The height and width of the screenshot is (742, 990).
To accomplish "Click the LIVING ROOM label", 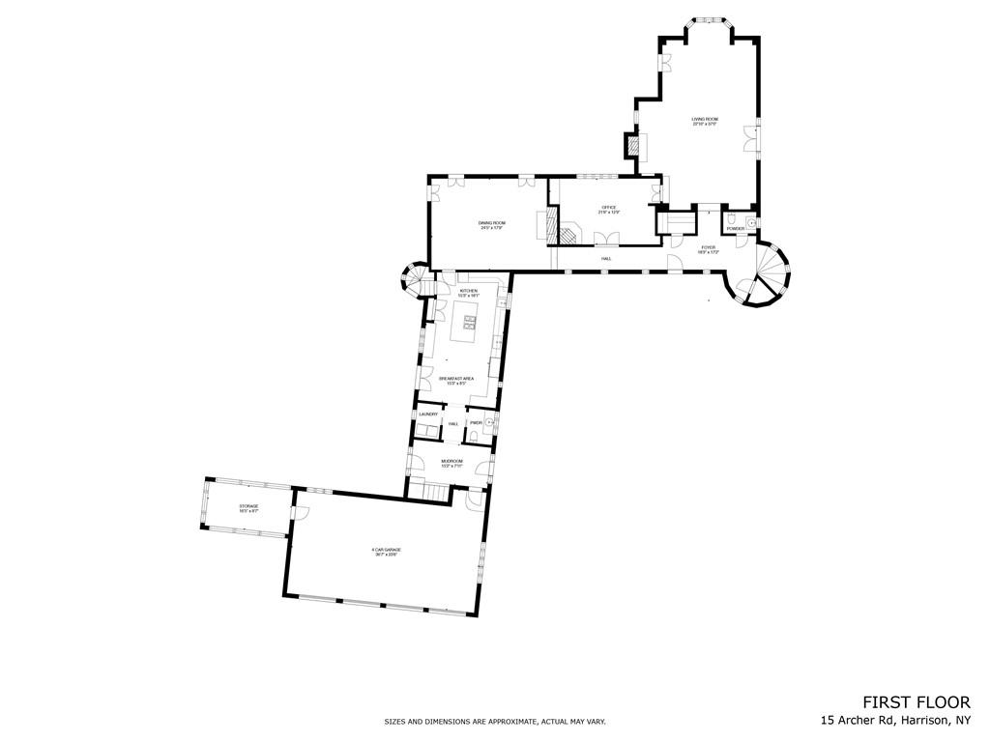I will click(x=705, y=121).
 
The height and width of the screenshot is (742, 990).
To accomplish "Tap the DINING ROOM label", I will click(x=492, y=225).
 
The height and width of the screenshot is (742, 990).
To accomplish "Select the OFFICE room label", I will click(x=609, y=209).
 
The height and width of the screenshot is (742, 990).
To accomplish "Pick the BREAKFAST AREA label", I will click(x=454, y=380).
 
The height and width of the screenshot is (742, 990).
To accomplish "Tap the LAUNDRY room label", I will click(x=428, y=414).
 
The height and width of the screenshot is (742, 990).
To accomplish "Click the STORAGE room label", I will click(x=248, y=508).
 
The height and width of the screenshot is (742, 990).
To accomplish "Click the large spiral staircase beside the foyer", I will click(x=764, y=273).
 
